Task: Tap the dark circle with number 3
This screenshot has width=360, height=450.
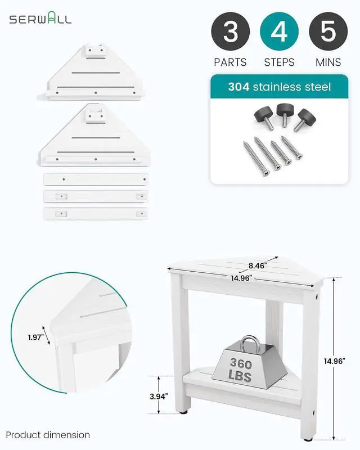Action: (231, 31)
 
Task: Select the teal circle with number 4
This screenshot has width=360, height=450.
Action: (279, 31)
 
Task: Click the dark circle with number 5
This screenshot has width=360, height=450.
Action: (328, 31)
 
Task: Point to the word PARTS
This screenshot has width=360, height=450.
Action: (230, 62)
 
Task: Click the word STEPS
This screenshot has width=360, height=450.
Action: (279, 62)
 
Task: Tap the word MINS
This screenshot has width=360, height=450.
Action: (328, 62)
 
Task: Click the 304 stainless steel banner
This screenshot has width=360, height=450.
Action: (280, 87)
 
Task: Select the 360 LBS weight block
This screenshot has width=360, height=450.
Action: (249, 363)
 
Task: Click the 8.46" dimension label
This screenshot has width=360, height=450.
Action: (256, 265)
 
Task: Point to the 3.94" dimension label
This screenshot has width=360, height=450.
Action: (159, 397)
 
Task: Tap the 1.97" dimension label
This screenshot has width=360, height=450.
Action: (35, 337)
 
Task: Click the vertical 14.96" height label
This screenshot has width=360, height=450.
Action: (335, 361)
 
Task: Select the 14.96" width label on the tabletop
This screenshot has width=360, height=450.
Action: (242, 278)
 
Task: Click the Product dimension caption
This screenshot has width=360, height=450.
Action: (48, 435)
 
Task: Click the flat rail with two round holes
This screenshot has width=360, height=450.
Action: (96, 179)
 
